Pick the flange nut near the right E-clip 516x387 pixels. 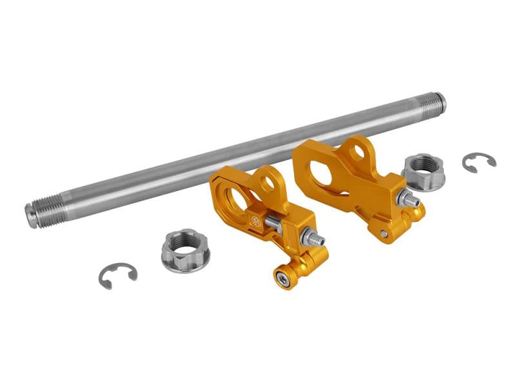click(423, 172)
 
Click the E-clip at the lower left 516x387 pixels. click(118, 275)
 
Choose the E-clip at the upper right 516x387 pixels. click(478, 161)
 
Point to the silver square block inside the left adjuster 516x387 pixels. click(273, 224)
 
